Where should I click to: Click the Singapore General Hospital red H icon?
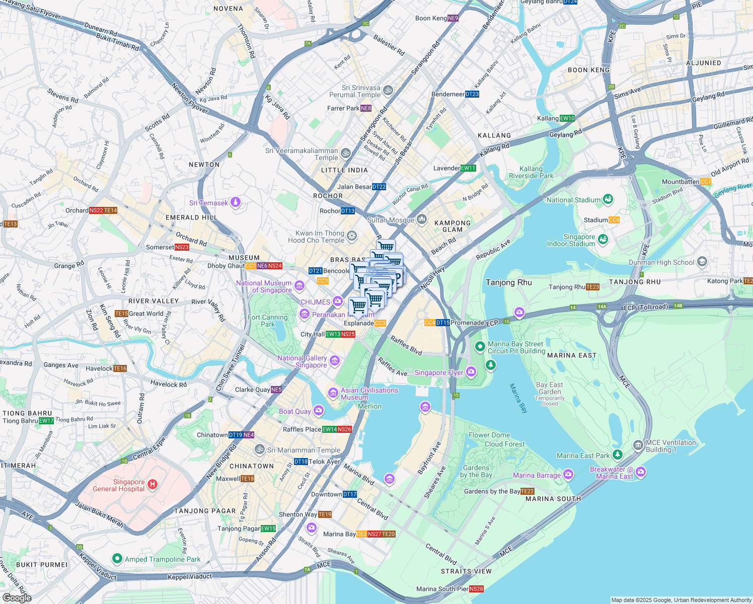[x=152, y=485]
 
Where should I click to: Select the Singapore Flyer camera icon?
[x=471, y=372]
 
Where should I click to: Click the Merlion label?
[x=370, y=406]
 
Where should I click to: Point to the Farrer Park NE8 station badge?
[x=366, y=108]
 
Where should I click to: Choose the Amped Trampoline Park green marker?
[x=117, y=559]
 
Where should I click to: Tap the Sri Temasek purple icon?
[x=236, y=203]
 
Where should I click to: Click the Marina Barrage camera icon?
[x=568, y=474]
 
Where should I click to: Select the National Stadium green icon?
[x=608, y=199]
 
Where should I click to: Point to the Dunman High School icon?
[x=702, y=262]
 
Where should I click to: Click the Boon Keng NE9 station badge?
[x=453, y=18]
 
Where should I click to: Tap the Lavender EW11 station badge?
[x=468, y=168]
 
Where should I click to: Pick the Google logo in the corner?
[x=17, y=597]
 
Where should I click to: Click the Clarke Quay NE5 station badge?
[x=276, y=390]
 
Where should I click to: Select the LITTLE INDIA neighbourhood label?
[x=344, y=170]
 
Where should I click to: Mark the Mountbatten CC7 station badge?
[x=706, y=182]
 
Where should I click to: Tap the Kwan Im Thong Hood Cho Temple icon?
[x=352, y=236]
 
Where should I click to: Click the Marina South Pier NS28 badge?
[x=476, y=589]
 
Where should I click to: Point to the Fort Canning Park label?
[x=268, y=321]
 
